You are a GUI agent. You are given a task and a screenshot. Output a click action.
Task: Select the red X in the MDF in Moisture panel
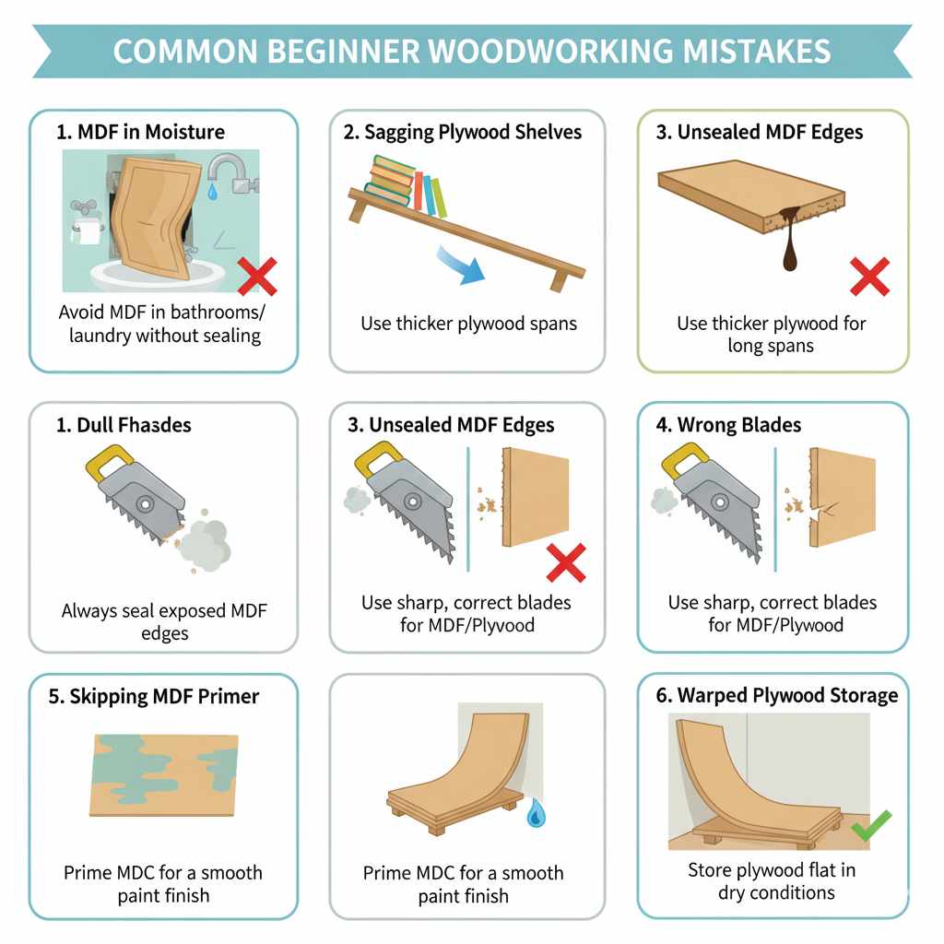coord(258,276)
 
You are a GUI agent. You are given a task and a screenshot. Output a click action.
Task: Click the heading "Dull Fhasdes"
coord(124,425)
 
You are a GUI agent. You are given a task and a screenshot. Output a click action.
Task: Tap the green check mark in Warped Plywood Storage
coord(870,827)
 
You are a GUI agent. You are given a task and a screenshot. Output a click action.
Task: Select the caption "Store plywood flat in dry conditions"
coord(771,880)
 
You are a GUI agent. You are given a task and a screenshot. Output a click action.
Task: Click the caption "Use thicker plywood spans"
coord(468,324)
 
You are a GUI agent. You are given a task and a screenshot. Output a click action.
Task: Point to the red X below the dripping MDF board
coord(868,277)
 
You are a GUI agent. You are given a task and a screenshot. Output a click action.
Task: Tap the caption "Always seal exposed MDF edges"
coord(165,621)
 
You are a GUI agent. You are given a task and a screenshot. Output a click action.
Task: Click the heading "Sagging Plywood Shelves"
coord(463,132)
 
